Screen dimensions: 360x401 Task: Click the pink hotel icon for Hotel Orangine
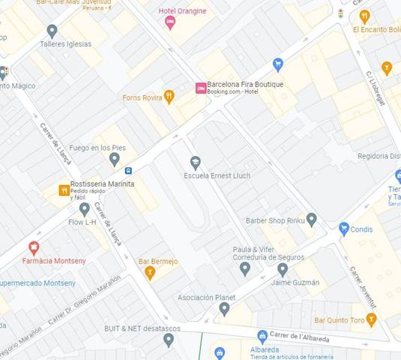170,22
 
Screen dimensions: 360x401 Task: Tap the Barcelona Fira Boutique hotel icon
200,88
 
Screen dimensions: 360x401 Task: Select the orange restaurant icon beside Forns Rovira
169,97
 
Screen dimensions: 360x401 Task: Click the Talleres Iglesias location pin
52,31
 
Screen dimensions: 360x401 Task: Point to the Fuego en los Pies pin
114,159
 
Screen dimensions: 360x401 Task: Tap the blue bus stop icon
129,170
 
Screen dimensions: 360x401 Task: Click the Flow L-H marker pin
85,209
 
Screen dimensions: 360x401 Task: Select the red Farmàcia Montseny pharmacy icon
33,247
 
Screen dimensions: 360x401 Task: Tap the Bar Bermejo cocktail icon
150,272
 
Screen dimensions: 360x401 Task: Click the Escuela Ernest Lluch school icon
196,162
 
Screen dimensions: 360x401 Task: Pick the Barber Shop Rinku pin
312,219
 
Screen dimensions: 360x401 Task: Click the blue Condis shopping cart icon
344,229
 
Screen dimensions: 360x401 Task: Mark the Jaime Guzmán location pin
283,269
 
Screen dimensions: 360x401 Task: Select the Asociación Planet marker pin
224,308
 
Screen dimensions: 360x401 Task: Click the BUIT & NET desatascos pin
169,340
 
